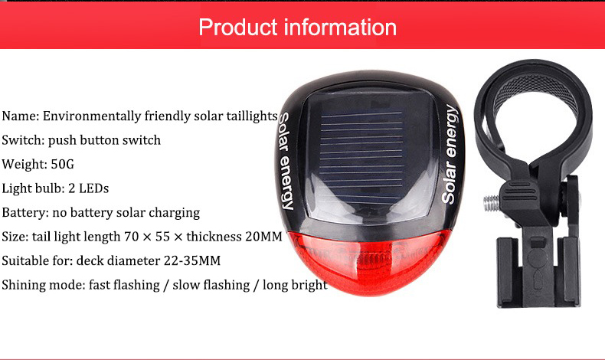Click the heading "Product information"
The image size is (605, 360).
tap(297, 28)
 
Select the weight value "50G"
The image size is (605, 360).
tap(63, 165)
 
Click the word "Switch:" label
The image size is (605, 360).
tap(23, 140)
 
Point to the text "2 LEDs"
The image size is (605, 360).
tap(89, 188)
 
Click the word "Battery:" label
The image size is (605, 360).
tap(25, 213)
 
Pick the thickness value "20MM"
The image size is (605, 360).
tap(263, 237)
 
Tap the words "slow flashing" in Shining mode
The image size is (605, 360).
tap(211, 285)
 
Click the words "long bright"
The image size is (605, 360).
tap(295, 285)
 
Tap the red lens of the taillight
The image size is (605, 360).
tap(368, 262)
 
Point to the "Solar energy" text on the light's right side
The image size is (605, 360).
tap(450, 155)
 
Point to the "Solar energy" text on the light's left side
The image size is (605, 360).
tap(286, 161)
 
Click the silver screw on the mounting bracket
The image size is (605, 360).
tap(492, 203)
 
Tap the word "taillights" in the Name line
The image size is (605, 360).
tap(252, 116)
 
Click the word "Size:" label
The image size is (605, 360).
tap(15, 237)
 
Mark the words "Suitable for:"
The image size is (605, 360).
tap(37, 261)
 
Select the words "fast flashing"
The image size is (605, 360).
tap(124, 285)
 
